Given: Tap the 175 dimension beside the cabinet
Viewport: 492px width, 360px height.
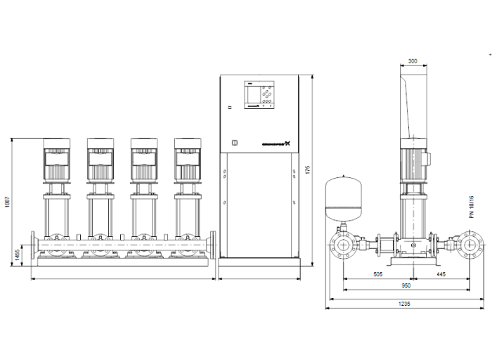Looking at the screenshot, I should pyautogui.click(x=307, y=172).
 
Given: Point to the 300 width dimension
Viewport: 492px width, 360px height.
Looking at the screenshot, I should pyautogui.click(x=413, y=61).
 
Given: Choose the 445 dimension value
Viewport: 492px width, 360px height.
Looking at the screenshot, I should pyautogui.click(x=441, y=276).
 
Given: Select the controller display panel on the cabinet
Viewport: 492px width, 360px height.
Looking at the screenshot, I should pyautogui.click(x=259, y=94).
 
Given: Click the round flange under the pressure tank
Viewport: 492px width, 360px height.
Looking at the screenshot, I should pyautogui.click(x=344, y=247).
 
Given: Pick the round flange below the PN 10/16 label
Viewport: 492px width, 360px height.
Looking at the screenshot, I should pyautogui.click(x=469, y=247).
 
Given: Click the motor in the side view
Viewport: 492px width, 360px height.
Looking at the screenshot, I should pyautogui.click(x=414, y=161).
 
